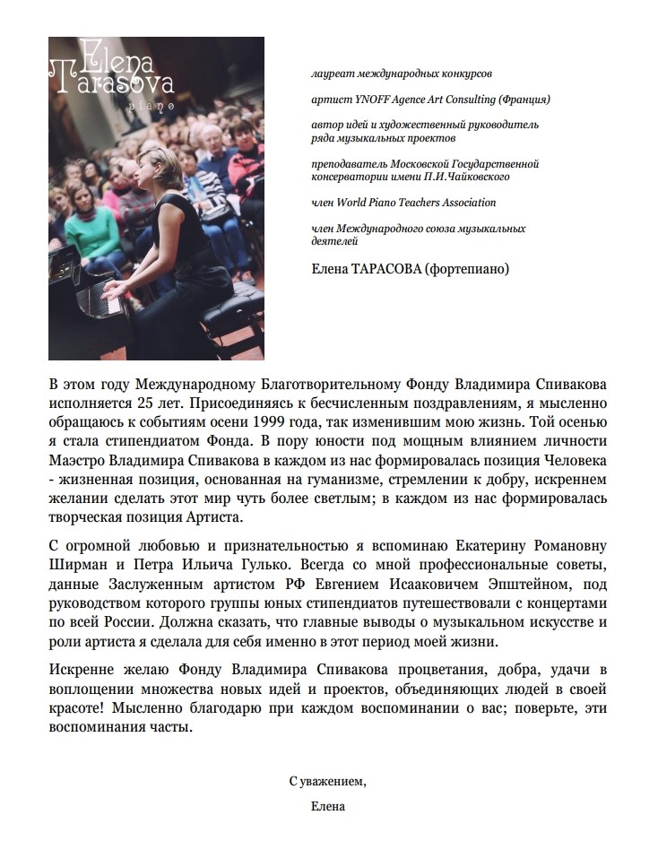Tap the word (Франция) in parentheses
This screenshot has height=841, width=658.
pyautogui.click(x=523, y=99)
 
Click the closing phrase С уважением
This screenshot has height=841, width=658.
pyautogui.click(x=327, y=782)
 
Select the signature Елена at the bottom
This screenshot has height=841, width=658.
pyautogui.click(x=327, y=806)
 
